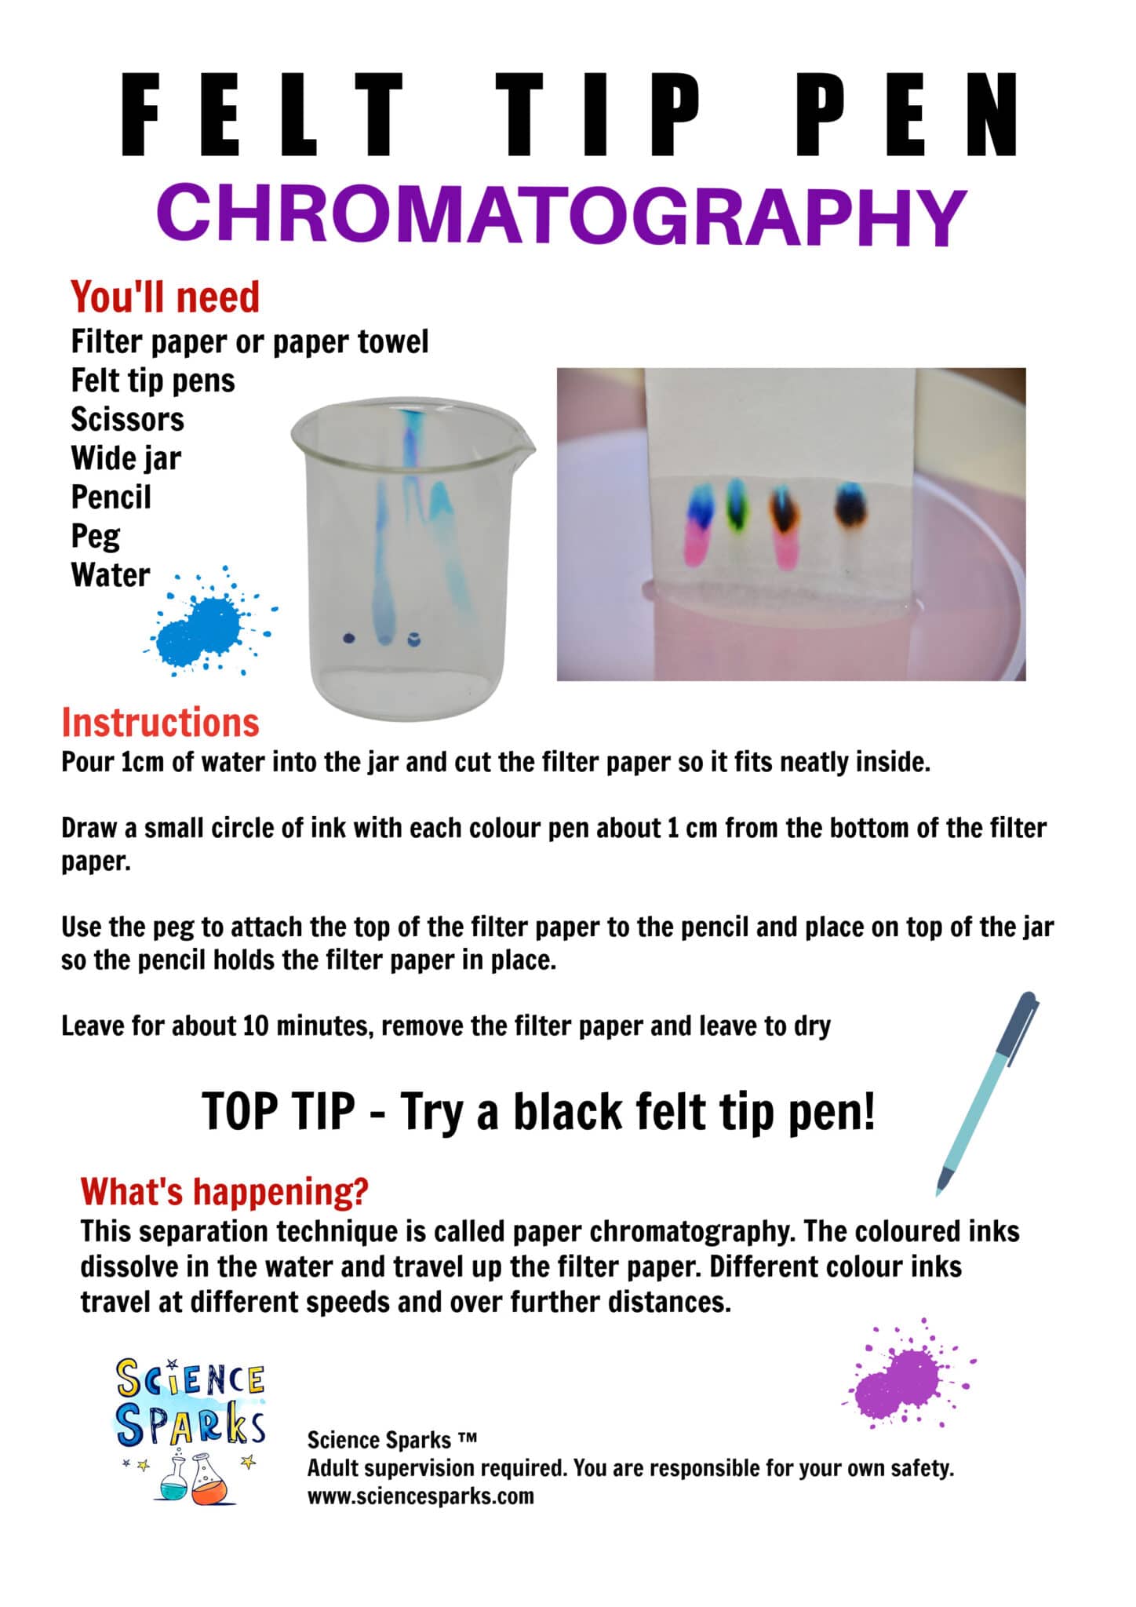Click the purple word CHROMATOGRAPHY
click(x=561, y=216)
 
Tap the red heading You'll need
click(x=165, y=297)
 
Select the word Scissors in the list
click(x=127, y=419)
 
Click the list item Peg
click(x=95, y=537)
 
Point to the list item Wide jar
click(x=126, y=458)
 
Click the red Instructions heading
click(x=160, y=723)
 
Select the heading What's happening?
click(x=224, y=1191)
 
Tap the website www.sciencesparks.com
click(x=420, y=1496)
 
